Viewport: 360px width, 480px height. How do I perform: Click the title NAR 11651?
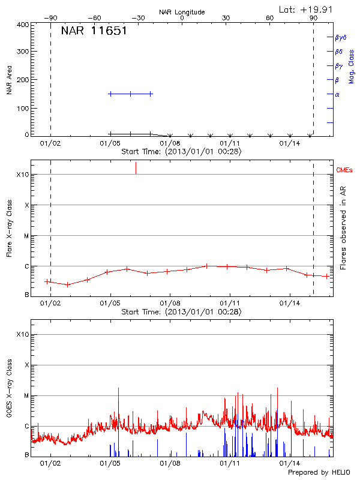tap(94, 31)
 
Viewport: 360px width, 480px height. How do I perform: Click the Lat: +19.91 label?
tap(307, 8)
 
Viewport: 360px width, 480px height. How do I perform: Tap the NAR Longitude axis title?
tap(182, 12)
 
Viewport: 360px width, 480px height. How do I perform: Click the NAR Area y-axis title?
tap(10, 80)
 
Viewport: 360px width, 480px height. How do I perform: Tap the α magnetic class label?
tap(337, 94)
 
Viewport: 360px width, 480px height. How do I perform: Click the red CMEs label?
tap(345, 171)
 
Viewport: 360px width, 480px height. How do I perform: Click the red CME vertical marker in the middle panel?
tap(136, 168)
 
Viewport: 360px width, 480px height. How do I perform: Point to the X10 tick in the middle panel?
tap(23, 175)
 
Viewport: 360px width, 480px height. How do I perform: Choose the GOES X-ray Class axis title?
tap(10, 386)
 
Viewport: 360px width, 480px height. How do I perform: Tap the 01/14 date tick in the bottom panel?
tap(290, 464)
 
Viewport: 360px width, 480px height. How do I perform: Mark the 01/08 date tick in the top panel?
tap(170, 144)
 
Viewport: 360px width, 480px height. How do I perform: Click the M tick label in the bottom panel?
tap(26, 395)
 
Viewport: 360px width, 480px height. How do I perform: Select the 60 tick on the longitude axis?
tap(270, 19)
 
